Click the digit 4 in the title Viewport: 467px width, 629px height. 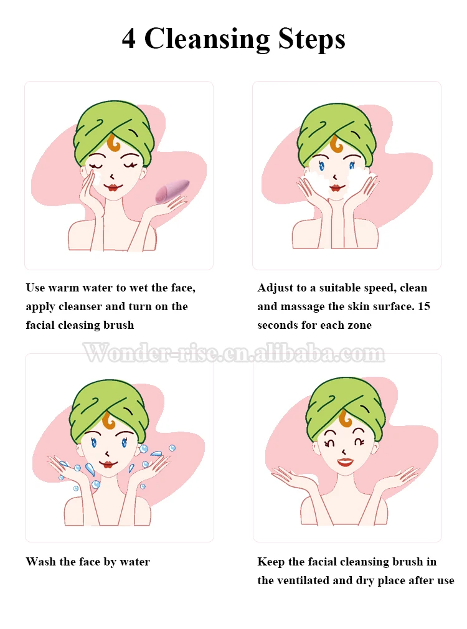(x=129, y=39)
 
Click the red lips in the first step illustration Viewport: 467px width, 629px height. (x=113, y=187)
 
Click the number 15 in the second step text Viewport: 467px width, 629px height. (x=423, y=306)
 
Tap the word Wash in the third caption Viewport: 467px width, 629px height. (x=41, y=562)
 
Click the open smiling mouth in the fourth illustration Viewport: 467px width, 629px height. (x=344, y=461)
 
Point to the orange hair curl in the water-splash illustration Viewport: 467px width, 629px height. (x=110, y=421)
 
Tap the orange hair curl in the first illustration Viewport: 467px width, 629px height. (x=113, y=144)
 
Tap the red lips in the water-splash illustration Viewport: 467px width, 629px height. (x=108, y=463)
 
